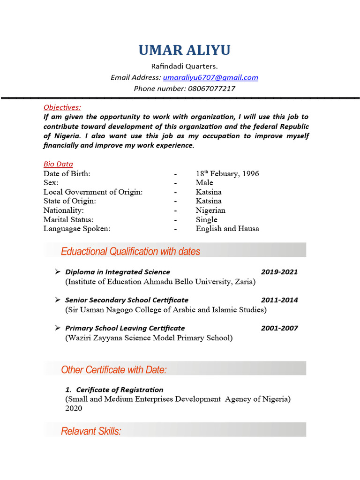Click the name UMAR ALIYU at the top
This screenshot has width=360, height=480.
point(184,50)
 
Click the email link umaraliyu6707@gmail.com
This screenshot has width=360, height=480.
point(210,77)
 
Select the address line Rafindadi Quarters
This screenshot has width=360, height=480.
point(184,66)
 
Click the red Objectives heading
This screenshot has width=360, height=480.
point(62,107)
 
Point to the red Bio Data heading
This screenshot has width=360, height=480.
point(58,164)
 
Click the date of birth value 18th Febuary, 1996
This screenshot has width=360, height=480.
point(227,173)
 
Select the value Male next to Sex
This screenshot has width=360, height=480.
point(204,182)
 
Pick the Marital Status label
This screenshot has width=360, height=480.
point(68,219)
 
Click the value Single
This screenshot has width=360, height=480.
point(206,219)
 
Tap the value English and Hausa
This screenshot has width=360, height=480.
point(227,229)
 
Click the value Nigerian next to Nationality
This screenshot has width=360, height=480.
point(210,210)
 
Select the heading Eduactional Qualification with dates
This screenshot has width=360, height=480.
point(130,252)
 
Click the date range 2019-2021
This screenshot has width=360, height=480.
point(279,272)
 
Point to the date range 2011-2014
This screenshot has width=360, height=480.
point(279,300)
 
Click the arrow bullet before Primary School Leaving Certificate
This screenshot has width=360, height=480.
point(57,328)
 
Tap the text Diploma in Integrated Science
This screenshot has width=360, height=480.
point(118,272)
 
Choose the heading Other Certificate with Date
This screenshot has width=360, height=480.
point(114,370)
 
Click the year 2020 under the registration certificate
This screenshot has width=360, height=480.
point(74,408)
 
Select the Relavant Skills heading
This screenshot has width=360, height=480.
point(91,431)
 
